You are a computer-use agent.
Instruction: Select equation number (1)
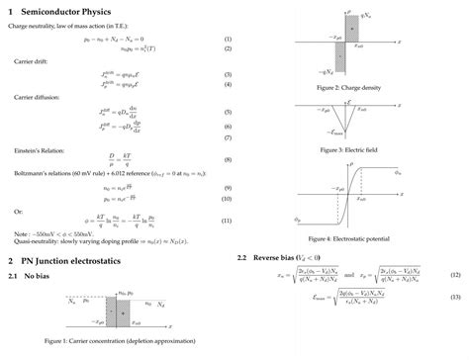tap(227, 39)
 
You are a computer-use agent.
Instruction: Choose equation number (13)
tap(455, 298)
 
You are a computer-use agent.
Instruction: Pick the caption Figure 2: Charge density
tap(350, 88)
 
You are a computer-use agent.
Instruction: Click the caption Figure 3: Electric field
tap(350, 149)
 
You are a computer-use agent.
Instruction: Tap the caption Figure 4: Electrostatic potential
tap(350, 240)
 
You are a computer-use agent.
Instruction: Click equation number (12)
tap(455, 274)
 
